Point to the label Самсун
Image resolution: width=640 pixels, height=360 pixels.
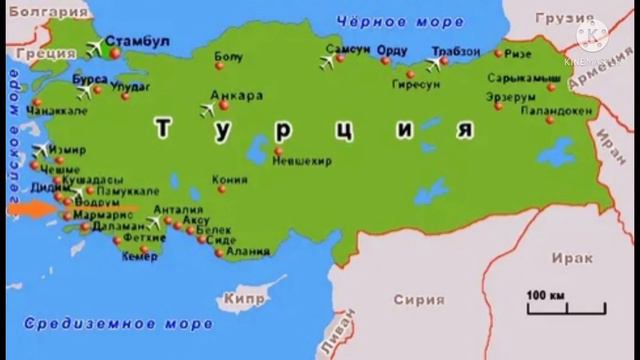(x=348, y=50)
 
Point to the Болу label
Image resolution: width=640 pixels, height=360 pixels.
(x=228, y=57)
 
